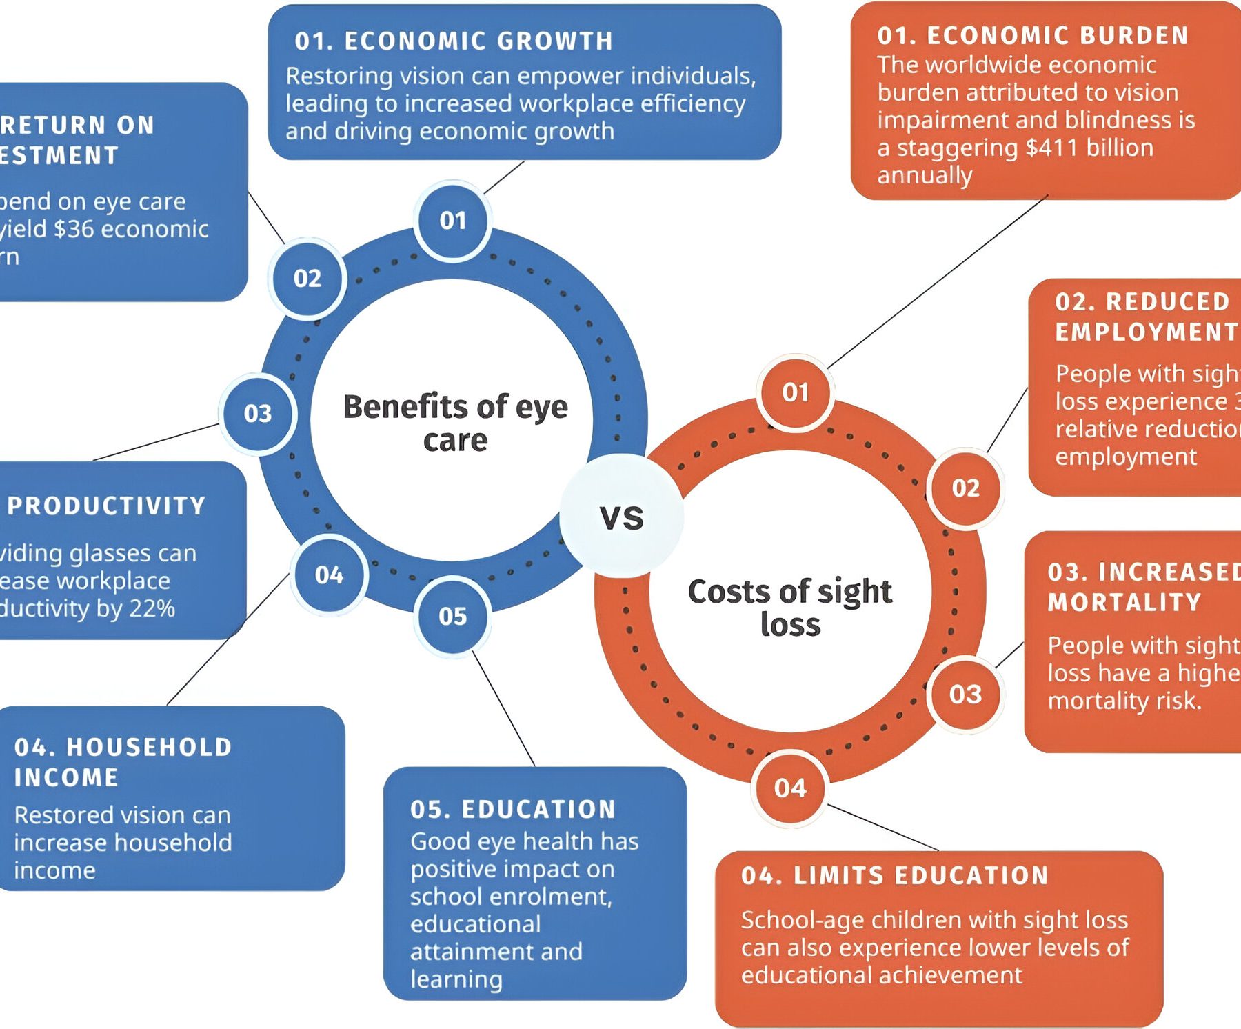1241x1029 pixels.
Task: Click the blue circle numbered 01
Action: (453, 221)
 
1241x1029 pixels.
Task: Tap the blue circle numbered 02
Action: (307, 279)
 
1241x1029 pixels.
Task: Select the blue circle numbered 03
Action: (258, 413)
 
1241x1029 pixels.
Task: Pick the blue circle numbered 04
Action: (329, 575)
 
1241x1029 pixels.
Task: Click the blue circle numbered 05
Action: (453, 616)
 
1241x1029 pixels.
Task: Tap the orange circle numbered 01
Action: (795, 392)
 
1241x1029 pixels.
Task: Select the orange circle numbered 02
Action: (965, 488)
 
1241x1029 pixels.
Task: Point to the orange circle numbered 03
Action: (965, 694)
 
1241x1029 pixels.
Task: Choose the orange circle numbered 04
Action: (790, 788)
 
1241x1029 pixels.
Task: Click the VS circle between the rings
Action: (621, 517)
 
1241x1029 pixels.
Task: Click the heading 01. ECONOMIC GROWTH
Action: (454, 41)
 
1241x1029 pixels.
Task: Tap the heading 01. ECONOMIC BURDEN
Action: (1033, 36)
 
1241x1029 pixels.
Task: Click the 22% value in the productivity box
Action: (154, 608)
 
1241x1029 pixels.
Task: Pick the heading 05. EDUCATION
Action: (513, 810)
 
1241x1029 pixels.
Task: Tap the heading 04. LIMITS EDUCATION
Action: (895, 876)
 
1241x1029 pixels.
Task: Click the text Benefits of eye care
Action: (455, 423)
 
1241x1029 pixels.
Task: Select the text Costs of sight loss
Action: (790, 608)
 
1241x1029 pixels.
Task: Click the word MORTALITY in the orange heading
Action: (1124, 603)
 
